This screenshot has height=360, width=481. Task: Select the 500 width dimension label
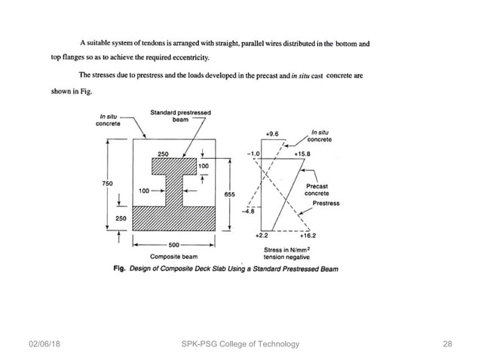pyautogui.click(x=174, y=246)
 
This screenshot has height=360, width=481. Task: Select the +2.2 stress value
pyautogui.click(x=262, y=235)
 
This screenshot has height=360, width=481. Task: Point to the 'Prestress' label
pyautogui.click(x=326, y=203)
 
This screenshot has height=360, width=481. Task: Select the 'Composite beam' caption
pyautogui.click(x=173, y=256)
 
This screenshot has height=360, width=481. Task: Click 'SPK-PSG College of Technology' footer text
pyautogui.click(x=240, y=344)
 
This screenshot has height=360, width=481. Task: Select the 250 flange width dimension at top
pyautogui.click(x=164, y=154)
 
